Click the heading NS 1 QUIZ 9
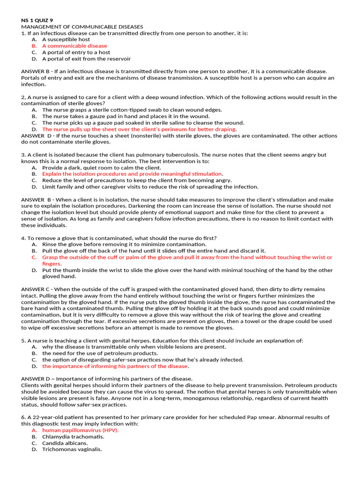click(37, 20)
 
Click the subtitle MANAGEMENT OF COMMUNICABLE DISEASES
click(82, 27)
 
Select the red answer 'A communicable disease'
click(75, 46)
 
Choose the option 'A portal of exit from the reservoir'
click(86, 59)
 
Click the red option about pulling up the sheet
click(139, 129)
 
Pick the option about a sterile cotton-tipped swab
click(132, 110)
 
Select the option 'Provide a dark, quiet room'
click(101, 167)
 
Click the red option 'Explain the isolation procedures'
click(132, 173)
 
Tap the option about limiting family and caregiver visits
click(150, 187)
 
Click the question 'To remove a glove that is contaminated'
click(119, 238)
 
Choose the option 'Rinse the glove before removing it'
click(124, 244)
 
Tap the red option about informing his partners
click(115, 366)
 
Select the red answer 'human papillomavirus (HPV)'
click(80, 430)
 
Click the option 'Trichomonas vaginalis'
click(72, 449)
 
